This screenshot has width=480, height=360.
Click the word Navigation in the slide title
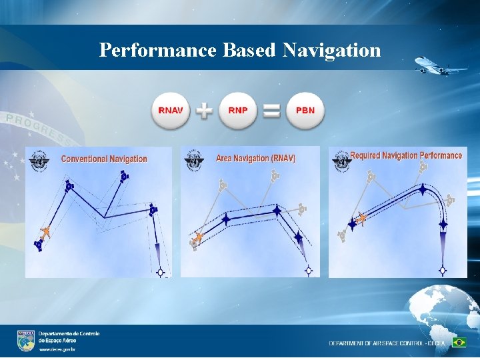331,50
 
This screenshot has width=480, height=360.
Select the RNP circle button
238,110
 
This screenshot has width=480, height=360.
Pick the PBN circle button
305,110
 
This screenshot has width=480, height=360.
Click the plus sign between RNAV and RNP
205,111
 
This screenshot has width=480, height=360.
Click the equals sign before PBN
271,111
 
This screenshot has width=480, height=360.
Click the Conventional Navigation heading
104,159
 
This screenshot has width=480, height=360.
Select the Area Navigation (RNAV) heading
255,159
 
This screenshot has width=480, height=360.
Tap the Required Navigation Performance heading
406,155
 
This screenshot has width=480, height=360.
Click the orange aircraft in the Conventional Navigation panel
45,233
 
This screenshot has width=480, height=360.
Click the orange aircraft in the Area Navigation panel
197,237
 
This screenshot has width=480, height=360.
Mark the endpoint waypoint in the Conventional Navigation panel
160,272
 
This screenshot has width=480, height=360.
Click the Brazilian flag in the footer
459,342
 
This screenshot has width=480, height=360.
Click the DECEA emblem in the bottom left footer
26,340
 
